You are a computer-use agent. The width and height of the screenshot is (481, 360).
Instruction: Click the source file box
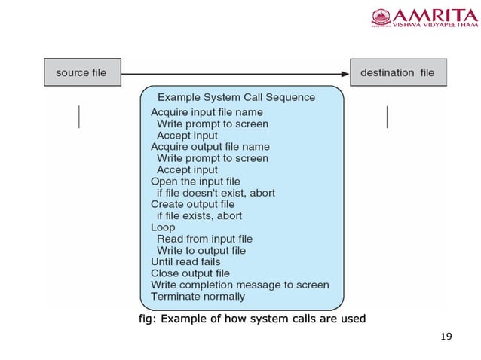[81, 73]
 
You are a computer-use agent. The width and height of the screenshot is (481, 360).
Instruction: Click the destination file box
[397, 73]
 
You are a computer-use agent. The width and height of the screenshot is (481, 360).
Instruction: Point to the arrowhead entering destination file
[345, 73]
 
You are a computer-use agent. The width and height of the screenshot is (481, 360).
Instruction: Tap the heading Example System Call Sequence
[236, 98]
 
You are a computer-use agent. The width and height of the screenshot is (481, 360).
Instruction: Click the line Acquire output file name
[210, 147]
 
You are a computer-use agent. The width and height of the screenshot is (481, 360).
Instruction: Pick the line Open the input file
[195, 182]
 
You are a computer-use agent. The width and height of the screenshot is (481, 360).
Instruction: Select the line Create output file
[192, 204]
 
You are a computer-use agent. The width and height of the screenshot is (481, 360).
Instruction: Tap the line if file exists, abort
[200, 215]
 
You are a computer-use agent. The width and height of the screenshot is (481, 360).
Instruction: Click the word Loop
[163, 227]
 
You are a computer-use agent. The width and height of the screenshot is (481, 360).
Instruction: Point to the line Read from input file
[204, 239]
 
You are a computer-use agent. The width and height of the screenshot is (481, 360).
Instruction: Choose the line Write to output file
[201, 250]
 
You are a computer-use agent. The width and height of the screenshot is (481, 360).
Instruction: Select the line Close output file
[190, 273]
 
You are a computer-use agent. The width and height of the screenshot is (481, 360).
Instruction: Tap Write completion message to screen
[240, 285]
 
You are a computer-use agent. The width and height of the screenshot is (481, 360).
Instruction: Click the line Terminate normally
[198, 297]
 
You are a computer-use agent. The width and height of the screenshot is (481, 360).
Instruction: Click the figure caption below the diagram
[252, 319]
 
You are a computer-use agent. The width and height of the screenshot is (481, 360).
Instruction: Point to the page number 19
[446, 336]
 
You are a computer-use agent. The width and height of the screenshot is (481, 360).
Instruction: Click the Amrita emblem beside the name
[381, 17]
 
